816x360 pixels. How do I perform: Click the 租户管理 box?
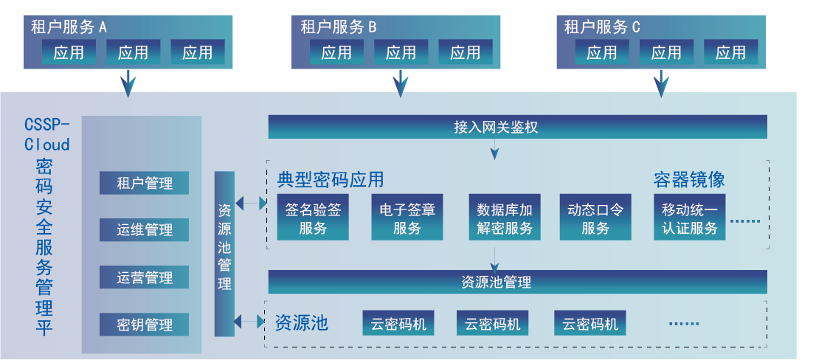[145, 183]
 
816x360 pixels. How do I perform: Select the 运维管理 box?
[145, 230]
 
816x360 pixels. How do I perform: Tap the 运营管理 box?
[145, 277]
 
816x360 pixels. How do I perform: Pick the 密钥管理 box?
[145, 325]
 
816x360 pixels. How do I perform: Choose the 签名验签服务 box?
[313, 218]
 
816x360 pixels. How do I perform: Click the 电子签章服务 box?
[407, 218]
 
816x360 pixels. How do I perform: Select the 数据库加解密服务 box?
[505, 218]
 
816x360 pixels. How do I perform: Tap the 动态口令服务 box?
[595, 218]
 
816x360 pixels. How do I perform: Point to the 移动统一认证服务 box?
[689, 218]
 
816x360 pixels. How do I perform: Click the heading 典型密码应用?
[331, 180]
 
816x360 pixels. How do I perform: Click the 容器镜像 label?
[689, 179]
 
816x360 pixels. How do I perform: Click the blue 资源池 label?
[301, 323]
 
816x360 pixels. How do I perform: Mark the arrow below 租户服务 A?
[128, 83]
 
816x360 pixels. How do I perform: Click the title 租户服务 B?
[338, 27]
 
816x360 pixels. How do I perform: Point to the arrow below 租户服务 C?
[660, 83]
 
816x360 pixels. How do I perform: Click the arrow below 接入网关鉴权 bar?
[494, 150]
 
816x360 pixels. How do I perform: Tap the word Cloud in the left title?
[47, 145]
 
